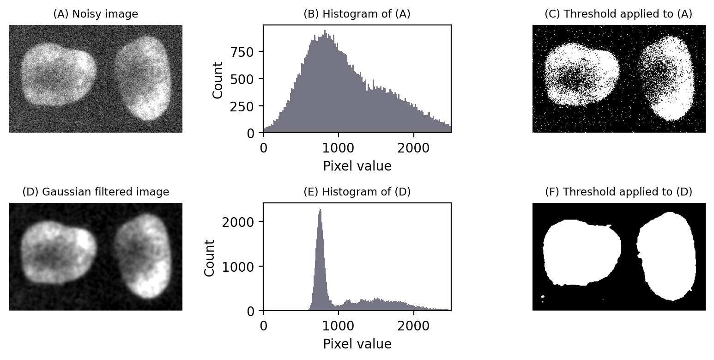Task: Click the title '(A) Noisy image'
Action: click(x=96, y=14)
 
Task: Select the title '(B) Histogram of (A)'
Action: click(x=357, y=14)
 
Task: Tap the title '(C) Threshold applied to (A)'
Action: click(x=618, y=14)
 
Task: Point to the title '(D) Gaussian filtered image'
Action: click(x=96, y=192)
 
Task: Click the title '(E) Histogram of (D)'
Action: click(x=357, y=192)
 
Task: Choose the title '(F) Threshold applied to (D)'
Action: click(x=618, y=192)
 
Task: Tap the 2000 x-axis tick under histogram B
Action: click(x=413, y=149)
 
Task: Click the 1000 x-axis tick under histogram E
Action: click(x=339, y=327)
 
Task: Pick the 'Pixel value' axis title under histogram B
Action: click(x=357, y=166)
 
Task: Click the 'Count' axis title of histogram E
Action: click(x=210, y=257)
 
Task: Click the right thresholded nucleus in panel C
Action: click(x=670, y=79)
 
